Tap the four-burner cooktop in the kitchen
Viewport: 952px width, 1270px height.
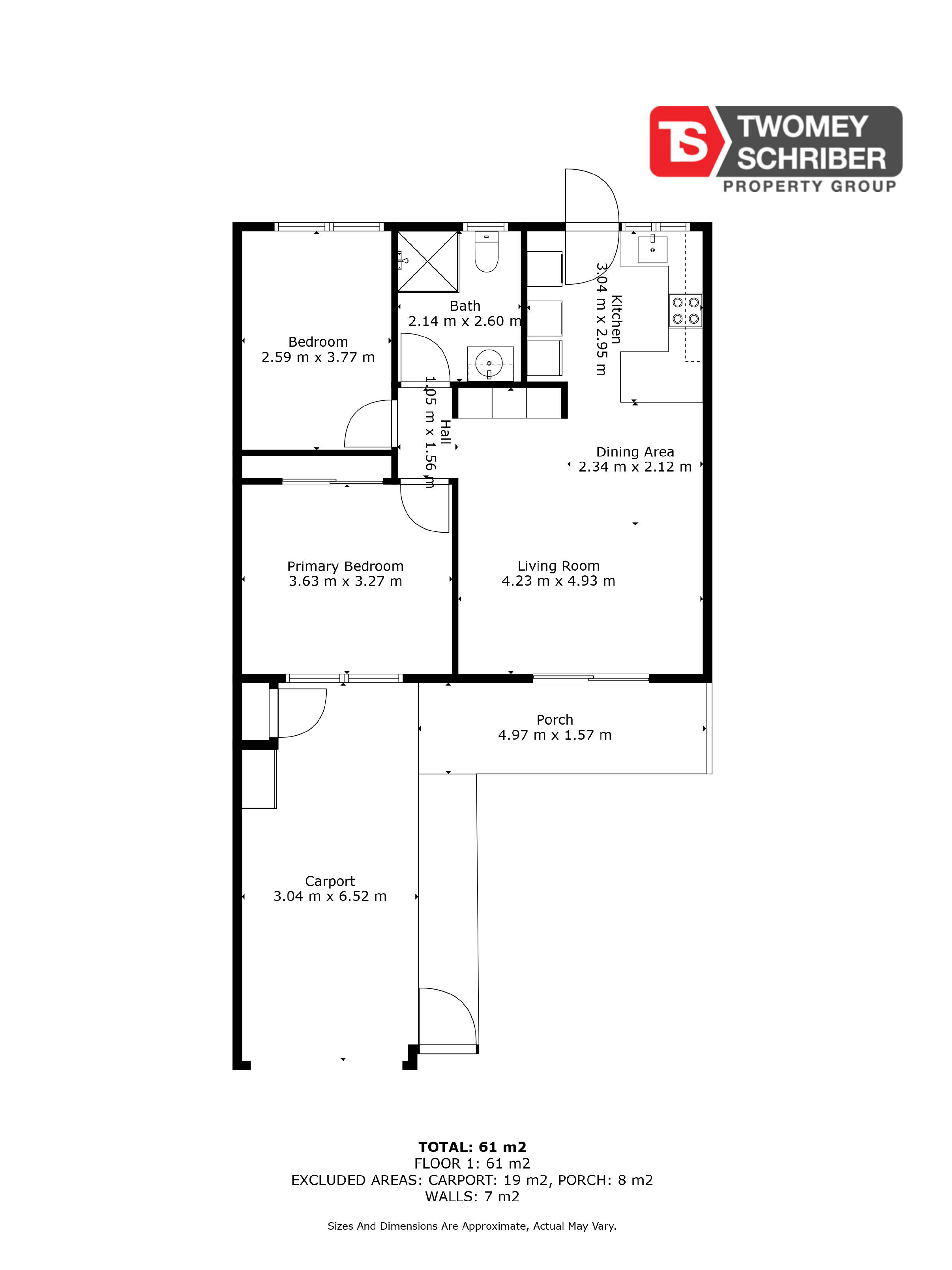coord(685,311)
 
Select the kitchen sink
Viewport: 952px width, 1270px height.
coord(652,249)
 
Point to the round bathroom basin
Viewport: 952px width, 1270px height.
coord(489,363)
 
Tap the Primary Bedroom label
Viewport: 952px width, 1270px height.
coord(345,566)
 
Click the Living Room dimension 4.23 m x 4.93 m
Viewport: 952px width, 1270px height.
coord(558,581)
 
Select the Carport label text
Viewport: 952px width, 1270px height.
coord(330,881)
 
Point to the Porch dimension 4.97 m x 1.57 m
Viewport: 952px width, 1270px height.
coord(555,735)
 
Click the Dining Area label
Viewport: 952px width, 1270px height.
coord(635,452)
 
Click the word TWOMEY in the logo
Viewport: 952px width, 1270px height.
coord(802,127)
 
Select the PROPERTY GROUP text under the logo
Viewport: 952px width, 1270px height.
coord(809,186)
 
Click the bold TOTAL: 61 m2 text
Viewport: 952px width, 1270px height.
coord(472,1147)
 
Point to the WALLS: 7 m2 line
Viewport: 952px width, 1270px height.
coord(472,1197)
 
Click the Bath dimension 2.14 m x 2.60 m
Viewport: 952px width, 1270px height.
coord(465,321)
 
